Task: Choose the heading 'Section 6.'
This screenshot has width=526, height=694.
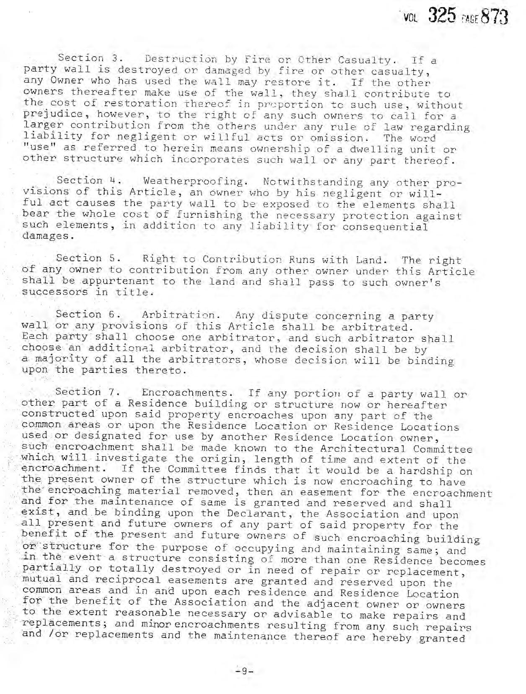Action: click(x=88, y=314)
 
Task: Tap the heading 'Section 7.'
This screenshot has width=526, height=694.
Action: click(x=88, y=392)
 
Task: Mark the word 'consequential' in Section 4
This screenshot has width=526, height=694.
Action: click(x=385, y=227)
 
